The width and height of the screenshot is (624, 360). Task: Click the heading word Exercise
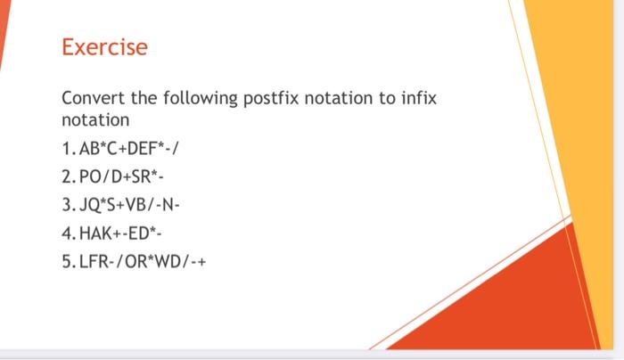point(104,47)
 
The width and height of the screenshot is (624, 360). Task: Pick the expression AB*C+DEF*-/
point(130,147)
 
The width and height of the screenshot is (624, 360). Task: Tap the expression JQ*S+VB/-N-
point(130,206)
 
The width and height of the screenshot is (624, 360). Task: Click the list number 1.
point(67,147)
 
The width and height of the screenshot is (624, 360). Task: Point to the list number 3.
point(67,206)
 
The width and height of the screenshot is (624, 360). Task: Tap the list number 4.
point(67,234)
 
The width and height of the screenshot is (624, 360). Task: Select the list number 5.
point(67,263)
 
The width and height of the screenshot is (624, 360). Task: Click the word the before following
point(145,98)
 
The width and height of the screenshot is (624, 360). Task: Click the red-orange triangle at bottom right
point(517,303)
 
